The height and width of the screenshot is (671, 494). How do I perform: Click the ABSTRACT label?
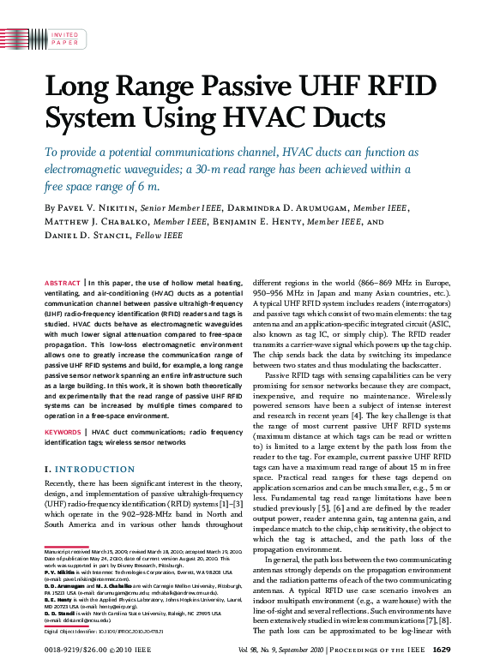coord(62,282)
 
